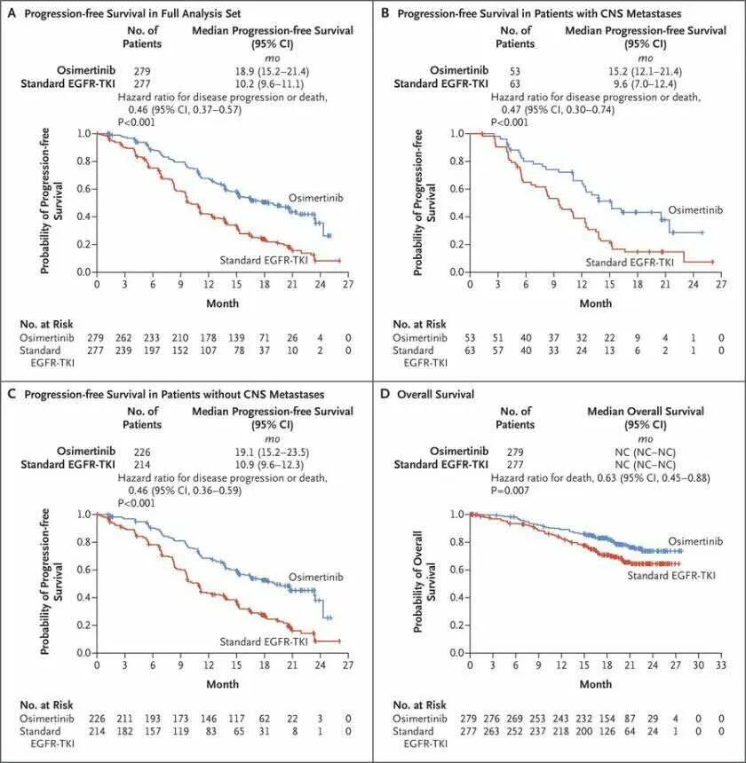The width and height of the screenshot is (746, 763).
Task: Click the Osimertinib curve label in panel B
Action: coord(694,209)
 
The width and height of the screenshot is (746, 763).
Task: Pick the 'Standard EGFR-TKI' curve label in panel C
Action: coord(262,641)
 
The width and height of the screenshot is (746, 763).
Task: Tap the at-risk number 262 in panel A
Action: coord(124,338)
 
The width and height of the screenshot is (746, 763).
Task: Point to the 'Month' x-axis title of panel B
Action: coord(595,303)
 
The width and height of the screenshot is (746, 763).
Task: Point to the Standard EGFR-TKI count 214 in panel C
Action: coord(142,464)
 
